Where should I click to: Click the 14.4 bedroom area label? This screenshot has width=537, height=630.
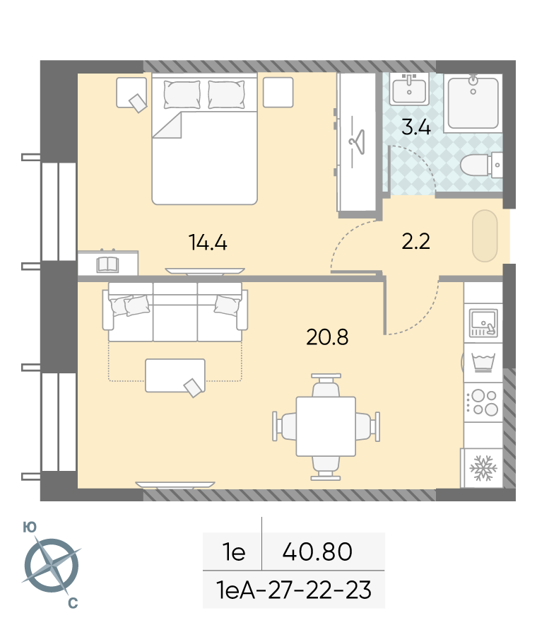click(x=208, y=243)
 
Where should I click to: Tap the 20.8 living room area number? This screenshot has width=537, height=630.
click(x=327, y=337)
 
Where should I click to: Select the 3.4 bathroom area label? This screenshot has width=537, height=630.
click(x=416, y=127)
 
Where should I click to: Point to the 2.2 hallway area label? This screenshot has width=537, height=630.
click(x=415, y=241)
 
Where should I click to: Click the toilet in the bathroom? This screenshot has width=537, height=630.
click(x=480, y=165)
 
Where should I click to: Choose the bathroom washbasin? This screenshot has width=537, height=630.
click(x=409, y=90)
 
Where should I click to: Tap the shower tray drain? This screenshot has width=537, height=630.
click(x=473, y=92)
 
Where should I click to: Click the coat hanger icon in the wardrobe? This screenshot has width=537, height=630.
click(x=357, y=142)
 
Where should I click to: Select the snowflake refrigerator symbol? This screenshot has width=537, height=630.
click(x=483, y=468)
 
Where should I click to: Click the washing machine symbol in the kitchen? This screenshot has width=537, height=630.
click(x=483, y=363)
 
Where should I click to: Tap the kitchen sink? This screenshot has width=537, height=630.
click(x=483, y=323)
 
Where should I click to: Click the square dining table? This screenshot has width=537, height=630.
click(x=326, y=426)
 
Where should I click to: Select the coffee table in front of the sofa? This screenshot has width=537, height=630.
click(x=175, y=375)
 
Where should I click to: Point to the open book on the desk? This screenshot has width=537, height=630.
click(x=107, y=264)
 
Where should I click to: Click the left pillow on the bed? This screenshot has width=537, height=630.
click(x=182, y=95)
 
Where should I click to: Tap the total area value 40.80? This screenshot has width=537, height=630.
click(x=317, y=552)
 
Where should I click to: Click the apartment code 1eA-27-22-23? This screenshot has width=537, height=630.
click(x=294, y=590)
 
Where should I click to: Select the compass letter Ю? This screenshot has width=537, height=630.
click(x=30, y=527)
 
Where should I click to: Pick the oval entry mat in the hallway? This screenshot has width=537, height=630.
click(x=485, y=236)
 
